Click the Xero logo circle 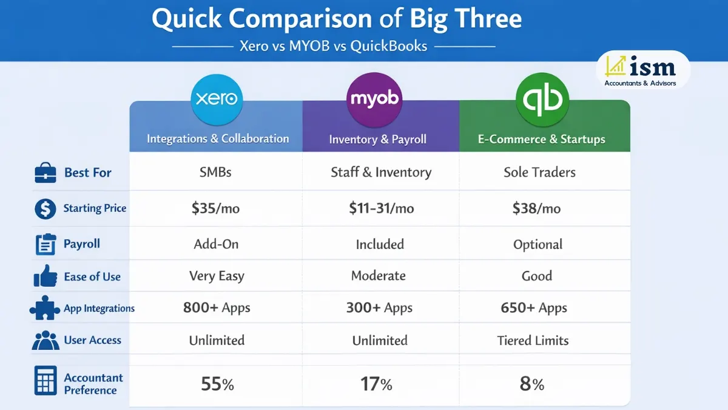(217, 99)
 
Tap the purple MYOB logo (374, 99)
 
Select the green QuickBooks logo (542, 99)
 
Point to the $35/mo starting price (215, 208)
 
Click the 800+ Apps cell (217, 308)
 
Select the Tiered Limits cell (533, 341)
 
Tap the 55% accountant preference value (217, 384)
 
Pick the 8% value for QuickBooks (532, 384)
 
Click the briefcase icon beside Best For (45, 173)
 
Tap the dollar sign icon (45, 209)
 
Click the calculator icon (46, 381)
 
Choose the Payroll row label (82, 244)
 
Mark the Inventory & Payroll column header (377, 140)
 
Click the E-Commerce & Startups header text (541, 140)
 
